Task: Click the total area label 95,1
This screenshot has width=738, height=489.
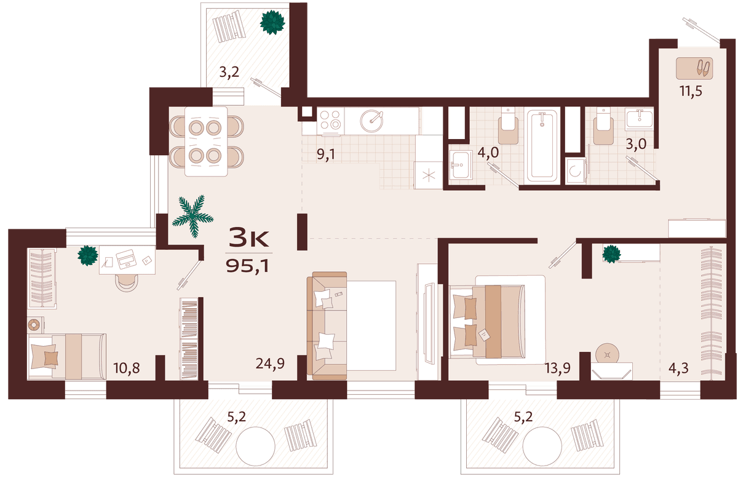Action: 247,266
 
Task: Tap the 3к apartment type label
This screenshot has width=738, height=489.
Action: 248,237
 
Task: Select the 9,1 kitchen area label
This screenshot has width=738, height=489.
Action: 326,154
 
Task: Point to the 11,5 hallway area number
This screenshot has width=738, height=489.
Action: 691,90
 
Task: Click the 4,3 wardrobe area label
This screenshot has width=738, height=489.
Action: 678,368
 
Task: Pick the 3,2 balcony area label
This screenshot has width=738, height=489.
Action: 229,71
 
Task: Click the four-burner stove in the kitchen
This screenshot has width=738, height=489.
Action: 330,121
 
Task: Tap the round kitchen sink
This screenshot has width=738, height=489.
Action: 372,121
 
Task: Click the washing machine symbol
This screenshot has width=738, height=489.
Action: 576,171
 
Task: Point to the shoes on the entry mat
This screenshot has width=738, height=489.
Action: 704,68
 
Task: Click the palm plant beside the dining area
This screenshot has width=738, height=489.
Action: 193,216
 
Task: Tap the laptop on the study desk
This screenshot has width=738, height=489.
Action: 126,258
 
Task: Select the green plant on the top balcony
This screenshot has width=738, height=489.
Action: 272,22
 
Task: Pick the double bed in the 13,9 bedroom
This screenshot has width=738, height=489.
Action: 498,320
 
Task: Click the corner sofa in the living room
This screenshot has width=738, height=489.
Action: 327,325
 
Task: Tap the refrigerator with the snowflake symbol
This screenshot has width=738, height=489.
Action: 428,175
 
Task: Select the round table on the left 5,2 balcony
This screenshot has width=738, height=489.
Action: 255,446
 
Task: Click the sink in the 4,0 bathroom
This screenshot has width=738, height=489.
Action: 461,164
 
